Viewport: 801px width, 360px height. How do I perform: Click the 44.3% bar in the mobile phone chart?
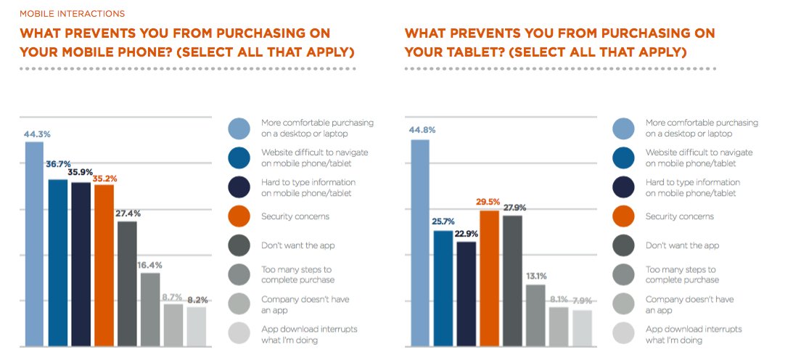pyautogui.click(x=35, y=243)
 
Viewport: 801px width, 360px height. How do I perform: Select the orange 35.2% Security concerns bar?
pyautogui.click(x=104, y=265)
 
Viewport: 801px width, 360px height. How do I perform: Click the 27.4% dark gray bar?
pyautogui.click(x=127, y=283)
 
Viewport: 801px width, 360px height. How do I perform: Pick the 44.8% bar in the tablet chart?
pyautogui.click(x=420, y=242)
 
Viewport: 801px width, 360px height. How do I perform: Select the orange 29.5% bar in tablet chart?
pyautogui.click(x=490, y=278)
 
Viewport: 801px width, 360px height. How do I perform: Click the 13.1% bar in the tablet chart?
pyautogui.click(x=535, y=315)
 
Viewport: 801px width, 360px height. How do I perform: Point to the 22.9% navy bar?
pyautogui.click(x=467, y=293)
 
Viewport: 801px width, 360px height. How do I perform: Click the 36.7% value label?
pyautogui.click(x=58, y=165)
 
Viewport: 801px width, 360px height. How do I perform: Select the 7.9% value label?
pyautogui.click(x=581, y=301)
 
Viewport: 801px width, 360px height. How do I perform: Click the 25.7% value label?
pyautogui.click(x=443, y=220)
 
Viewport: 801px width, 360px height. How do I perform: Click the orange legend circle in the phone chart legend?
pyautogui.click(x=239, y=216)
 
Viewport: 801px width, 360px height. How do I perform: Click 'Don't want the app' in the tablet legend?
pyautogui.click(x=682, y=245)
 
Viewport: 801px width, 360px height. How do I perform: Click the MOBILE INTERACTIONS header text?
pyautogui.click(x=72, y=14)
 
